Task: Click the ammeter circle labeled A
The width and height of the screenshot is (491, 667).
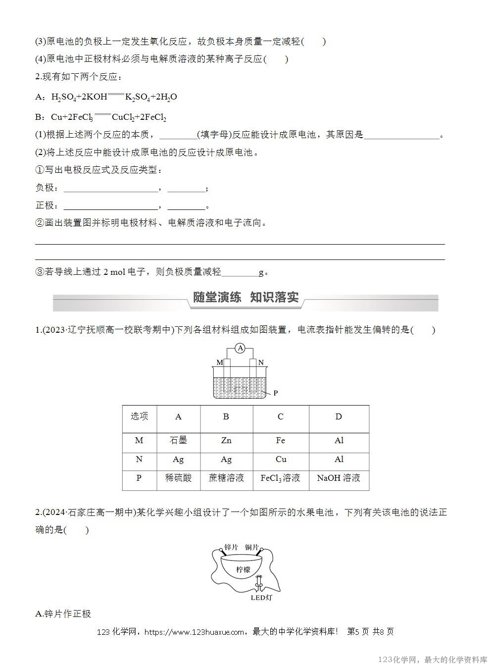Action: (x=240, y=349)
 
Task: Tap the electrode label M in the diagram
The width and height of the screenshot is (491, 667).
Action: (x=219, y=362)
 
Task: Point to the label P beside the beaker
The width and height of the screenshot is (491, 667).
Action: (x=276, y=393)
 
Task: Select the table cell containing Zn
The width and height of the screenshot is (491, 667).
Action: (x=226, y=440)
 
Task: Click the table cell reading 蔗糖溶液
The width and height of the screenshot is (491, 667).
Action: (x=226, y=478)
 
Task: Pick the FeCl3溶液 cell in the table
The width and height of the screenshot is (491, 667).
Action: (x=280, y=478)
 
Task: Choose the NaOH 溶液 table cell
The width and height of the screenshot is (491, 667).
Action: (x=339, y=478)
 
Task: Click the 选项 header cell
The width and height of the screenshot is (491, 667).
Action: (x=139, y=416)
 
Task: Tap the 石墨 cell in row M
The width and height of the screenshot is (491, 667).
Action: (x=178, y=440)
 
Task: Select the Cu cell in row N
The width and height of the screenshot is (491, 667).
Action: (x=281, y=459)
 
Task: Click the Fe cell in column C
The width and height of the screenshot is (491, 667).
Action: (x=280, y=440)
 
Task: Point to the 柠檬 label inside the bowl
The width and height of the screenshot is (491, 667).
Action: (x=244, y=569)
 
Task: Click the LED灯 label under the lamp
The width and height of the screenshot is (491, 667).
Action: (x=261, y=597)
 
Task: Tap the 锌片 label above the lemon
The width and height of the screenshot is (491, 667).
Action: (x=231, y=547)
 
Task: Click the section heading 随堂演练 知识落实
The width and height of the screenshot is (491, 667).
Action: (x=245, y=298)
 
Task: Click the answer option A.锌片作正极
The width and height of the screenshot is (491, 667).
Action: (x=64, y=614)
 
